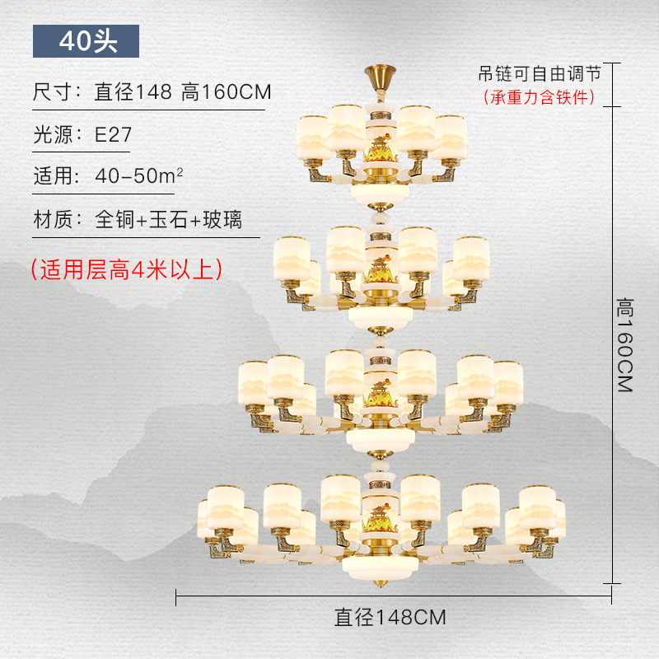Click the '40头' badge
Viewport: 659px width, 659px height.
tap(86, 41)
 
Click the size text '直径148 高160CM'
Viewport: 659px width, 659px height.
tap(183, 91)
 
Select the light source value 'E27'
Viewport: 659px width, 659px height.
tap(113, 135)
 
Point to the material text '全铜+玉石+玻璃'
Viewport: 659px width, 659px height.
tap(168, 220)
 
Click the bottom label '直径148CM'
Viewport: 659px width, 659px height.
tap(390, 616)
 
